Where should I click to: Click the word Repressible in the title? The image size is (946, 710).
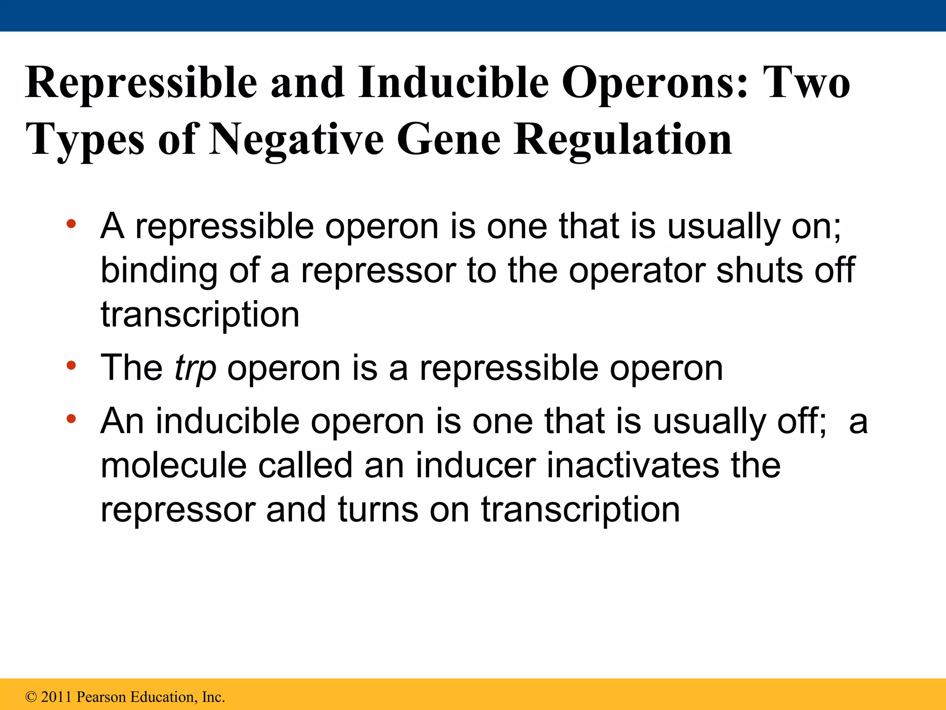141,83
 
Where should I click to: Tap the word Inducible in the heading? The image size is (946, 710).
453,83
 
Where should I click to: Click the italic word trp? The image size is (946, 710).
195,368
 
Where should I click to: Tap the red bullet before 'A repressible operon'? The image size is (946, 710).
71,225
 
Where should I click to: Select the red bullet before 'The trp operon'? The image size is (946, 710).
71,366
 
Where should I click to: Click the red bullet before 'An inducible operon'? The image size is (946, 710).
71,419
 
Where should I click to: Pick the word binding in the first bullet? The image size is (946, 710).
159,271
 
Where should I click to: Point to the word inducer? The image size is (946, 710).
476,466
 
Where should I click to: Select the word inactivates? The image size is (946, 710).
633,466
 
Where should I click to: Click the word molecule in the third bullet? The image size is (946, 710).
174,466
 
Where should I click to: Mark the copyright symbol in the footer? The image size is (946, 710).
31,697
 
